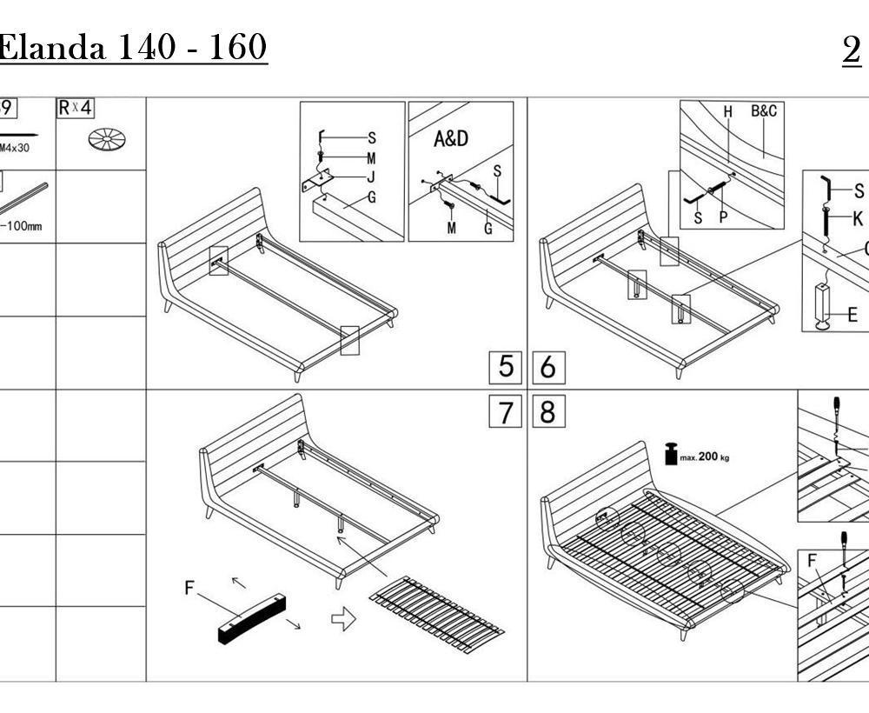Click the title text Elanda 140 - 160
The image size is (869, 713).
[x=132, y=48]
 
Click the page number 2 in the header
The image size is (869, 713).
[x=851, y=50]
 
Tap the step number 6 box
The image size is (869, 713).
[x=547, y=368]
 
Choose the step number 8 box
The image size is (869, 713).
[x=547, y=411]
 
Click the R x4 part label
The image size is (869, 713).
[x=76, y=109]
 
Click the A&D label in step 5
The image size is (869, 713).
[x=450, y=139]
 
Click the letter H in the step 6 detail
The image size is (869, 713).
[x=728, y=111]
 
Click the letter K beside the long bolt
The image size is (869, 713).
[x=858, y=218]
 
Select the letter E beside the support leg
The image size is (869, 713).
[x=852, y=315]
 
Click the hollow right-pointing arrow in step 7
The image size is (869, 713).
[x=344, y=619]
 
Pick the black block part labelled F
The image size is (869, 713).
[x=251, y=616]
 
